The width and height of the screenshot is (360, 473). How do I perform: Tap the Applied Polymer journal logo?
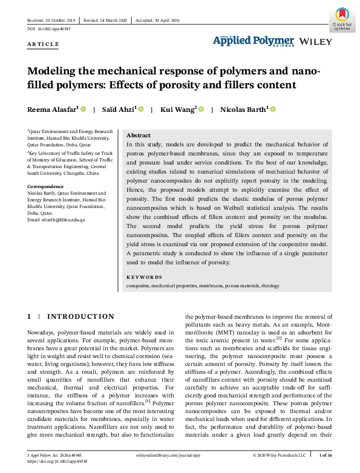point(253,41)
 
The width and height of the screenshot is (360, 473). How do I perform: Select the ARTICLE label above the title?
point(44,44)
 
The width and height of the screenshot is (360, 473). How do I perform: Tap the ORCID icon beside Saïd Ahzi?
point(141,109)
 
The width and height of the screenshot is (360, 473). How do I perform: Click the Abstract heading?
point(139,135)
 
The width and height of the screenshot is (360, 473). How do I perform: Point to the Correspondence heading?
point(46,187)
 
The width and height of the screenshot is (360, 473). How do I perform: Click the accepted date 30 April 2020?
point(158,20)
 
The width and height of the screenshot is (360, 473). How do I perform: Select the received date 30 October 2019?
point(51,20)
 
